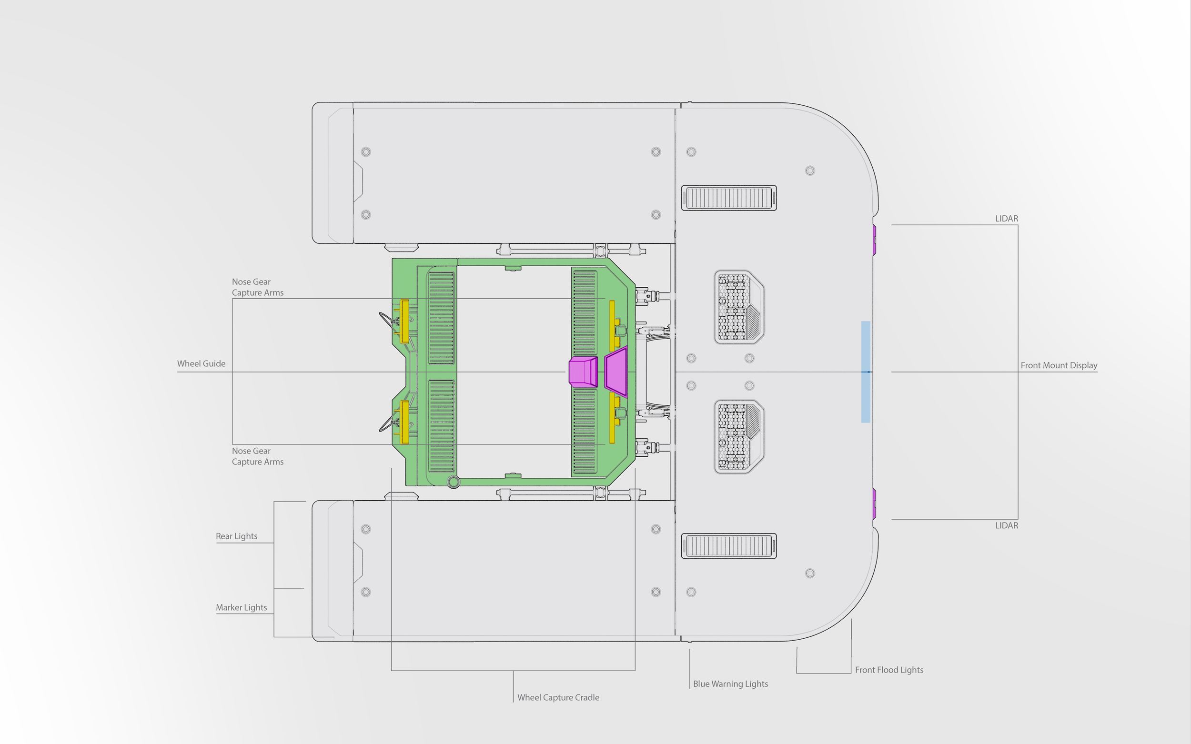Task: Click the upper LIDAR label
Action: pyautogui.click(x=1007, y=219)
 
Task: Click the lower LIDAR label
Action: pyautogui.click(x=1007, y=525)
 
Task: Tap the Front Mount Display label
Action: pyautogui.click(x=1059, y=365)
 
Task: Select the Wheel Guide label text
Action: pyautogui.click(x=202, y=363)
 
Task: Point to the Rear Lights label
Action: pyautogui.click(x=236, y=536)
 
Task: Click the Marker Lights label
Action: pyautogui.click(x=241, y=608)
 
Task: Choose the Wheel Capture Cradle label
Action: pyautogui.click(x=558, y=698)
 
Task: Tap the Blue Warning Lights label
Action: pyautogui.click(x=730, y=684)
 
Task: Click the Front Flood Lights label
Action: pyautogui.click(x=889, y=670)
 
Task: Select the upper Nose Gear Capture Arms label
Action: pyautogui.click(x=257, y=287)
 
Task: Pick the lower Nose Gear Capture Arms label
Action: pyautogui.click(x=257, y=457)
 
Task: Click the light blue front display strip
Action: pyautogui.click(x=866, y=372)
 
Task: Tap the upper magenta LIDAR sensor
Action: pyautogui.click(x=874, y=240)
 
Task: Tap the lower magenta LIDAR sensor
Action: pyautogui.click(x=874, y=504)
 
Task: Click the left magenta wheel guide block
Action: pyautogui.click(x=583, y=372)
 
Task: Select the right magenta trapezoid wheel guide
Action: pyautogui.click(x=616, y=372)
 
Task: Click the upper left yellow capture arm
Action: pyautogui.click(x=404, y=321)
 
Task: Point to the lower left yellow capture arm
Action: pyautogui.click(x=404, y=422)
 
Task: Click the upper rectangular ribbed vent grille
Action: pyautogui.click(x=729, y=198)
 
